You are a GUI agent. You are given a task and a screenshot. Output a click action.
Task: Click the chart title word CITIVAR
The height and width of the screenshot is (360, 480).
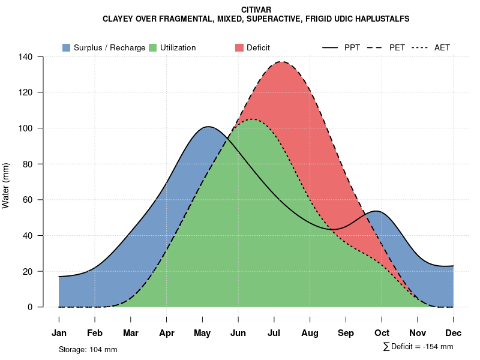point(256,10)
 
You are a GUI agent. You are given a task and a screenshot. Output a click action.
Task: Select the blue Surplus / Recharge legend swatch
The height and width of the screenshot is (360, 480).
point(66,47)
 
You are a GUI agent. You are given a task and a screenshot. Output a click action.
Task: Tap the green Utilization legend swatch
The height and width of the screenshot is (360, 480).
point(152,47)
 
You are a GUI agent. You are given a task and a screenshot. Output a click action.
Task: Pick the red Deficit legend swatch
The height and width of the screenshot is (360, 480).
point(239,47)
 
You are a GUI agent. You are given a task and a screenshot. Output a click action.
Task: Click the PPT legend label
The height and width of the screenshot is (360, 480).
point(352,47)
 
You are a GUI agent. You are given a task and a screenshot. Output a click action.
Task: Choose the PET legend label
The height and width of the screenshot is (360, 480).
point(397,47)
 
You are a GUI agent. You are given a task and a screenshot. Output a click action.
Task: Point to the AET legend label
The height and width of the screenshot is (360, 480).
point(442,47)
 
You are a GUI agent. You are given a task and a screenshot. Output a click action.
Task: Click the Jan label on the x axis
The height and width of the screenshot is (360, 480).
point(59,333)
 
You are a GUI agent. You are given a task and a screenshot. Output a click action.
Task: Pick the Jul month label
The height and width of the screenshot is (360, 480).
point(274,333)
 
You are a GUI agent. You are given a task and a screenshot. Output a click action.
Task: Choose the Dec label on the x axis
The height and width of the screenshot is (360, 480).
point(454,333)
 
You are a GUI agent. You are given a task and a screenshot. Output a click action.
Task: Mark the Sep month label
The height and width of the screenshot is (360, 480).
point(346,333)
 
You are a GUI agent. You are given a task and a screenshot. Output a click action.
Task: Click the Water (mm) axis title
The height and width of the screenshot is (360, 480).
point(6,185)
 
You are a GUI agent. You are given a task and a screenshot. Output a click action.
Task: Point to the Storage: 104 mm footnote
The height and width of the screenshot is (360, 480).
point(88,349)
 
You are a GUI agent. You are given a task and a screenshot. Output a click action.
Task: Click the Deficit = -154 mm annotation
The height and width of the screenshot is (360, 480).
point(418,347)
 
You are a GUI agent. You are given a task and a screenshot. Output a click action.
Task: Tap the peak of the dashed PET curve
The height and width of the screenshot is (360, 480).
point(280,62)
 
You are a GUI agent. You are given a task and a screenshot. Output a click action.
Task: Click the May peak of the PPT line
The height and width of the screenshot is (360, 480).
point(208,127)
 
